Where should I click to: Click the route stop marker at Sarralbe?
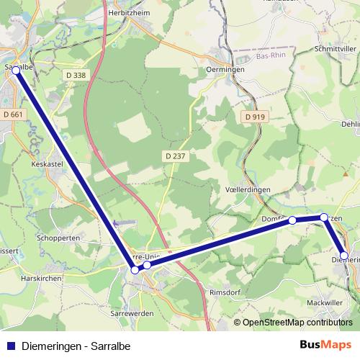click(x=16, y=71)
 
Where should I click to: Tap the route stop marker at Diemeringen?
click(x=344, y=256)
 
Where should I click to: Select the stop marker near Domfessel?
click(x=292, y=220)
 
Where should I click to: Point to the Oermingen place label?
click(x=225, y=69)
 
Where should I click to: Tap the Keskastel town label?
click(x=49, y=163)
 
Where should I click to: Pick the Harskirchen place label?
click(x=42, y=278)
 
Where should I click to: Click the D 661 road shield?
click(x=13, y=114)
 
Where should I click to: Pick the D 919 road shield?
click(x=254, y=116)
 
